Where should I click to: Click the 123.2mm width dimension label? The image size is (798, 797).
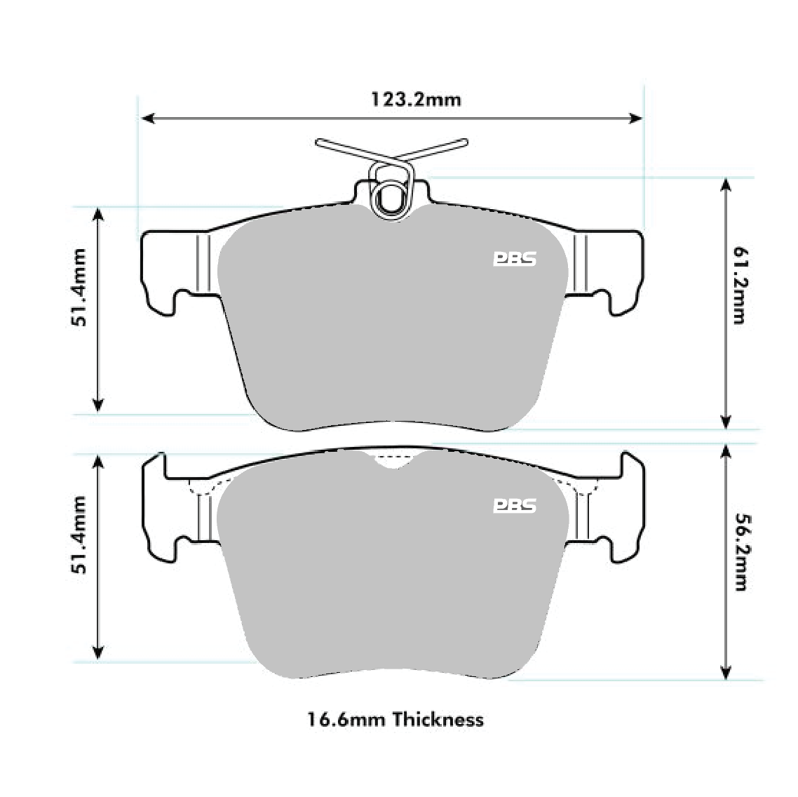(416, 99)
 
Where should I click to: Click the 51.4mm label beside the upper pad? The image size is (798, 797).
(78, 287)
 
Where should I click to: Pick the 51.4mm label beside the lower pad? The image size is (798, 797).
(78, 535)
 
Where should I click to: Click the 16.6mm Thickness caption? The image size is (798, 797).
(395, 719)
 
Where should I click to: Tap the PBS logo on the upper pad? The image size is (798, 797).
(514, 260)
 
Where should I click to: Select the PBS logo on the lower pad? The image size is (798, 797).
(514, 506)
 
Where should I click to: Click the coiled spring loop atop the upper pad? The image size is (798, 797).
(390, 196)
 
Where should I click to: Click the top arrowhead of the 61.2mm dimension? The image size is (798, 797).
(726, 184)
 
